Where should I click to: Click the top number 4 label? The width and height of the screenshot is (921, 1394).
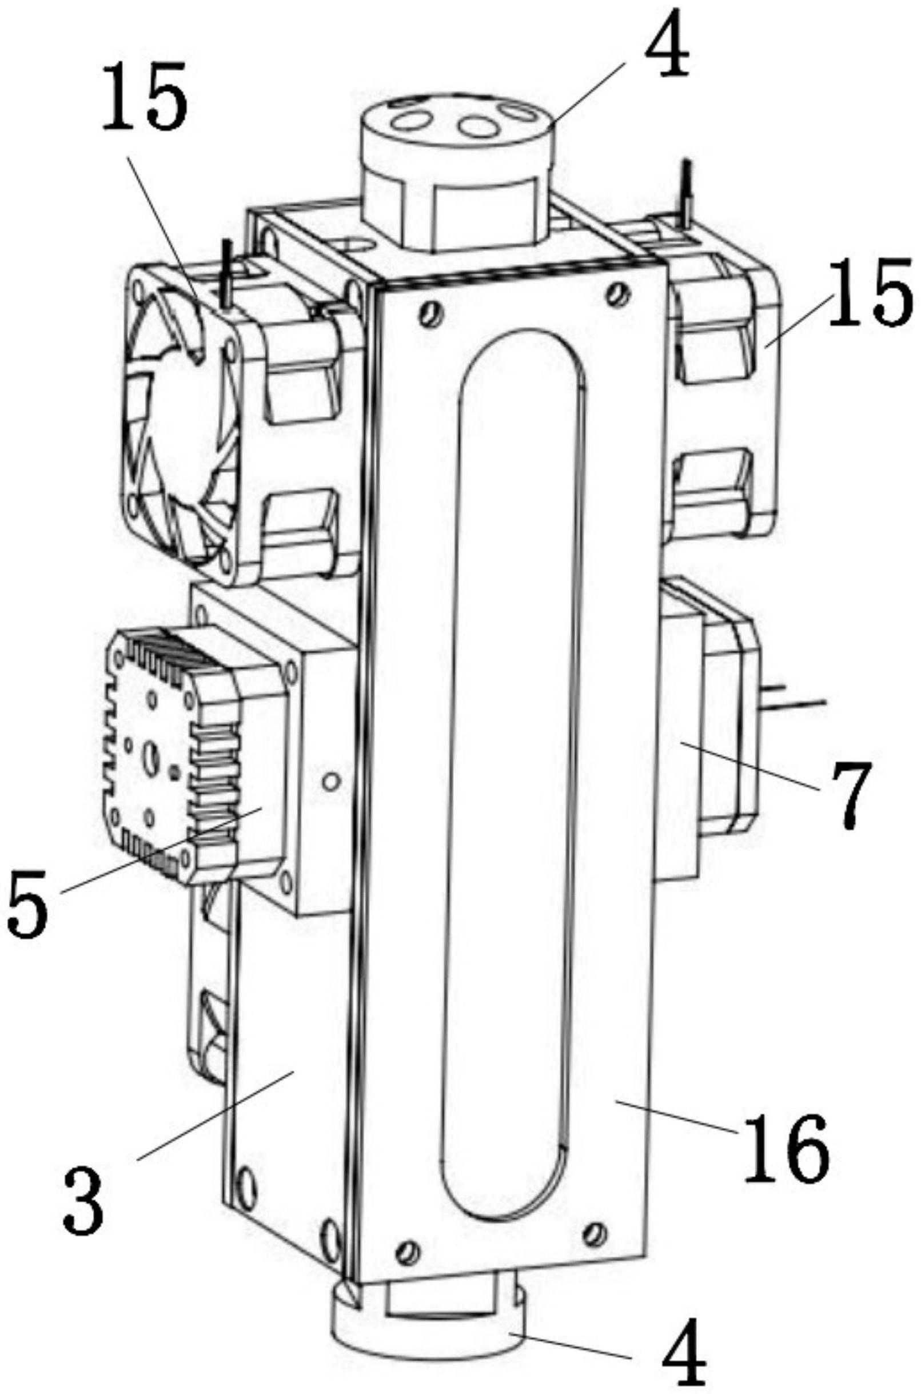pyautogui.click(x=666, y=44)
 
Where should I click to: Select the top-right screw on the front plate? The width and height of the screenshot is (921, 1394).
pyautogui.click(x=615, y=293)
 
